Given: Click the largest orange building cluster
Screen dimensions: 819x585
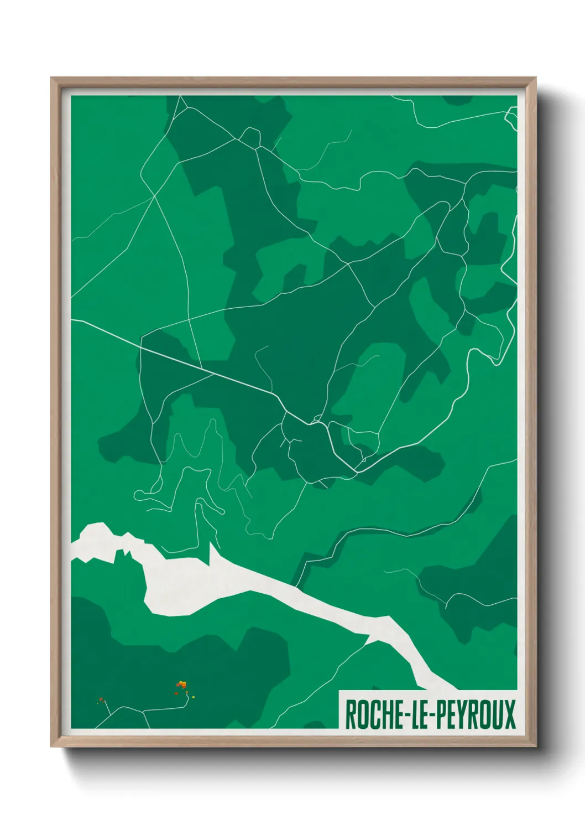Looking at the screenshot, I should [181, 685].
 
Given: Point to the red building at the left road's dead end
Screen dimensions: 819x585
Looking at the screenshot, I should [101, 699].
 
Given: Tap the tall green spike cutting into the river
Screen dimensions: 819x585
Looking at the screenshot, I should [211, 553].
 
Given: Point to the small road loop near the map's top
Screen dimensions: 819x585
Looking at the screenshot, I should [250, 137].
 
